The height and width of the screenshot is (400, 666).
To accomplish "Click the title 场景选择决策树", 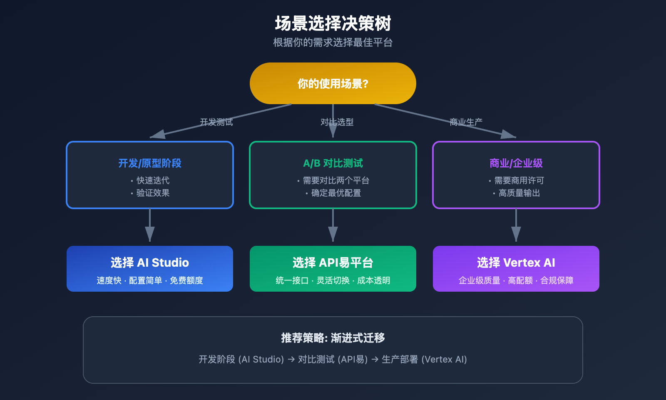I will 333,23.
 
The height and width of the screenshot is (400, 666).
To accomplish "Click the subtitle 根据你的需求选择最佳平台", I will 333,42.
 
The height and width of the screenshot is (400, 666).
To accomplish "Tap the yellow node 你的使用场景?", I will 333,83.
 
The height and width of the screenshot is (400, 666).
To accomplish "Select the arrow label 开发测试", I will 216,122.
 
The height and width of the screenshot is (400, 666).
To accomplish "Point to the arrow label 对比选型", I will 337,122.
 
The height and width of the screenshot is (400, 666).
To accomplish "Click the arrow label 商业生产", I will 466,122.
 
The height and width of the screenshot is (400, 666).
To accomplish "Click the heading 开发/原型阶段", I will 150,163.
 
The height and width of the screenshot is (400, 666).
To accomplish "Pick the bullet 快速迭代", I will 153,180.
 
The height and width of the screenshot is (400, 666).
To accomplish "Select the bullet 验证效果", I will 153,193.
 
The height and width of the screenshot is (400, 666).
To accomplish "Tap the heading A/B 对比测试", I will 333,163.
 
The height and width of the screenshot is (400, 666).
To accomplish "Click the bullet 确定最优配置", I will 336,193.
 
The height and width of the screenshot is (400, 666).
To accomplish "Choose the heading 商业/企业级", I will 516,163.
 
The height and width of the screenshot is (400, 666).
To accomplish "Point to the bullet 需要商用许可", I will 519,180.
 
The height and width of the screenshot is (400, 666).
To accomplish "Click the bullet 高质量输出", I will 519,193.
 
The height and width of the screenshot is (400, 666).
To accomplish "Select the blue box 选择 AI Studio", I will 150,268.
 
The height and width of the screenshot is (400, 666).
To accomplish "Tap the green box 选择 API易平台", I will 333,268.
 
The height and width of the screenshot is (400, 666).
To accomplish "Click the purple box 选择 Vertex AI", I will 516,268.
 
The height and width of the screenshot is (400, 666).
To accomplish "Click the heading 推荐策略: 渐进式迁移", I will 333,338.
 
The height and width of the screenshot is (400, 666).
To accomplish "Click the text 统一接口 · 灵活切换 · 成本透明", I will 333,280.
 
